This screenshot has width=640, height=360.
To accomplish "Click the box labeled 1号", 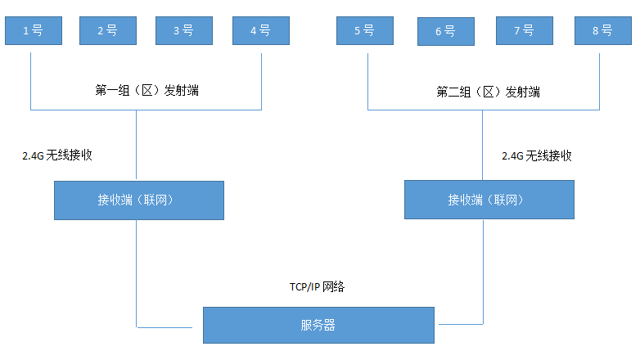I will [32, 30].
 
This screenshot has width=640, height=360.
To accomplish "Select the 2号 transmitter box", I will [107, 30].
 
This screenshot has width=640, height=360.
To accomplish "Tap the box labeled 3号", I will [183, 30].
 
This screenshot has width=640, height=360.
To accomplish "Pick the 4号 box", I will [260, 30].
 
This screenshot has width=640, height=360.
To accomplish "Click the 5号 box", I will [364, 30].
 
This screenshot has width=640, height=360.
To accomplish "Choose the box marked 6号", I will [444, 31].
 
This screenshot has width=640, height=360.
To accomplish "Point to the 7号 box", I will [524, 30].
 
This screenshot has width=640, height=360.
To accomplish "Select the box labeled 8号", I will [602, 30].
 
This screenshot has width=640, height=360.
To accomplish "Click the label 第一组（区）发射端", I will [146, 91].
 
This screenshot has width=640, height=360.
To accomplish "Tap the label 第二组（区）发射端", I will [488, 92].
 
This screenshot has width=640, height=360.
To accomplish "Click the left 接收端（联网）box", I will [139, 200].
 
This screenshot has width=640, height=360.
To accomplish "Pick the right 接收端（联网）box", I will [489, 200].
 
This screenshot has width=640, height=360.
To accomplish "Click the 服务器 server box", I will [318, 325].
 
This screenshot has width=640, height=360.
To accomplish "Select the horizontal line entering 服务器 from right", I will [458, 323].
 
